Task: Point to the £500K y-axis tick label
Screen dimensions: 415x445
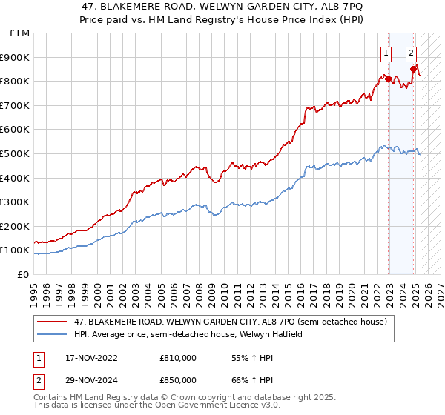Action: pos(16,153)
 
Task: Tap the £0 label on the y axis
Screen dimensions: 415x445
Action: pos(24,274)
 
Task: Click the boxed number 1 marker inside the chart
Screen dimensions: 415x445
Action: pos(386,53)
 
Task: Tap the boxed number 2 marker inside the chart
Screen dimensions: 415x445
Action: pos(411,53)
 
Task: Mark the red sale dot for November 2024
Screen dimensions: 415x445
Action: pos(413,69)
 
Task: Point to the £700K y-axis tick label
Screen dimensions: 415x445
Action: pos(16,105)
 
